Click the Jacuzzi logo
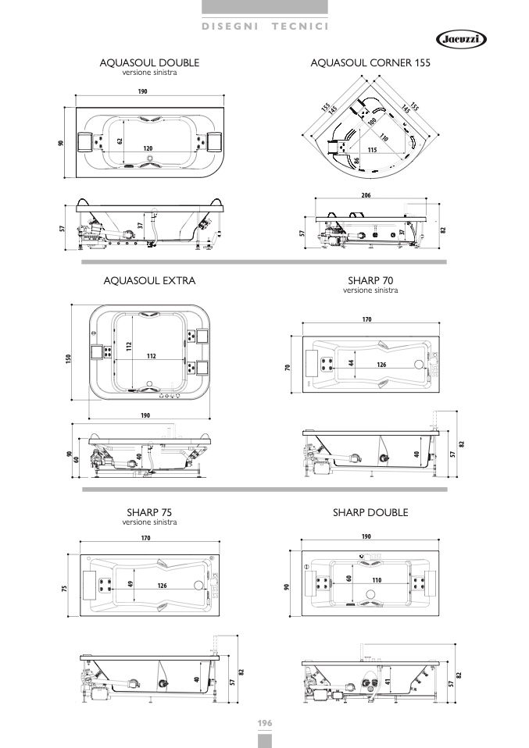point(461,40)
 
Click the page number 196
point(265,723)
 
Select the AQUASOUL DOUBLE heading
point(149,62)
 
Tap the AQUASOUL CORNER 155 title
point(370,62)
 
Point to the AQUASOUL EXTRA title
point(149,280)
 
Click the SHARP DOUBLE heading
point(370,512)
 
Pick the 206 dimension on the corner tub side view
point(366,195)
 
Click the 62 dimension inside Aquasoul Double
point(120,141)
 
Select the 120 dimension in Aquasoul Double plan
point(148,148)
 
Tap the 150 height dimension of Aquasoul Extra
point(68,358)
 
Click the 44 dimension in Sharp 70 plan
point(352,362)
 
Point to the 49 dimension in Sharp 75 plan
point(130,583)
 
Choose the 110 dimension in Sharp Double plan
point(377,580)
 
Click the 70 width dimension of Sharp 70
point(288,367)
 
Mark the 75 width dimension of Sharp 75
point(64,588)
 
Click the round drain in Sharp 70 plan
point(419,365)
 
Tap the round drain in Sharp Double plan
point(370,594)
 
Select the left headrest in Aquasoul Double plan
point(84,142)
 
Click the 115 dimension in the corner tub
point(373,150)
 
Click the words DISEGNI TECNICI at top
point(265,27)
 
